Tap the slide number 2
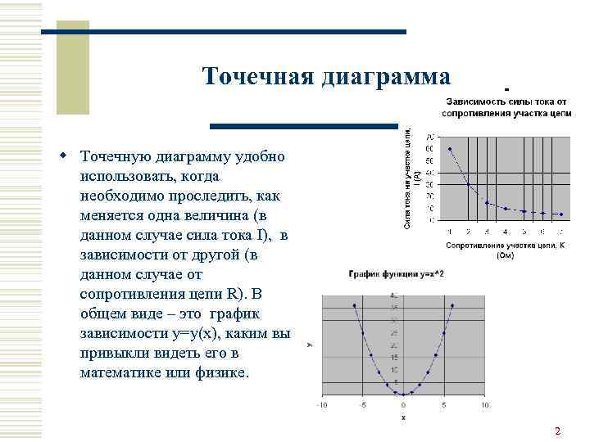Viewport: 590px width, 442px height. pos(558,431)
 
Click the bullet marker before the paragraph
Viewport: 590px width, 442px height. pos(62,155)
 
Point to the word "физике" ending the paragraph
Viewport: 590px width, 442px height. pos(219,373)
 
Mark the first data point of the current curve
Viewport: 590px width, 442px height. pos(450,149)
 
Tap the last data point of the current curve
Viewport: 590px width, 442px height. pos(561,214)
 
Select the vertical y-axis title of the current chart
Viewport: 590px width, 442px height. pos(415,176)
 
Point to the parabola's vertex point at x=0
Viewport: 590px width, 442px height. pos(403,394)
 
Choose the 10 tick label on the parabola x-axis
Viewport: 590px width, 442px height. pos(485,404)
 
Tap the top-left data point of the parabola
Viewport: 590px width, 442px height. pos(354,305)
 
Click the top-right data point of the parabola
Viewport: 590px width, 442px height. pos(452,305)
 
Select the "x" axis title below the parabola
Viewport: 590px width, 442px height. pos(403,417)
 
